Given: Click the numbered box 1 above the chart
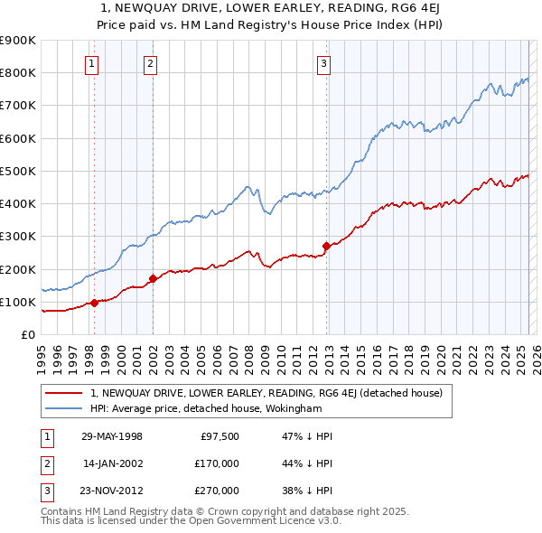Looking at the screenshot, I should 93,63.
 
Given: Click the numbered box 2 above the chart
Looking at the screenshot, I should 150,63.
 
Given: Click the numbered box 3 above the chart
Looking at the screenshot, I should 323,63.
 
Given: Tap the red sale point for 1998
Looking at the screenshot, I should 94,303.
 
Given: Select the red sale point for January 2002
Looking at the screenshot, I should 153,278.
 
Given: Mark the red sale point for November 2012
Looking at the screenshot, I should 326,246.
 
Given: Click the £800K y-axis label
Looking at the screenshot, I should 18,72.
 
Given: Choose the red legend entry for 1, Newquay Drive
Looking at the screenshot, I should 266,393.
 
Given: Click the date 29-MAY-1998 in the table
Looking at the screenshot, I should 112,436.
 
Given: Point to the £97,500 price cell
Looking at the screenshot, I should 219,436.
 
